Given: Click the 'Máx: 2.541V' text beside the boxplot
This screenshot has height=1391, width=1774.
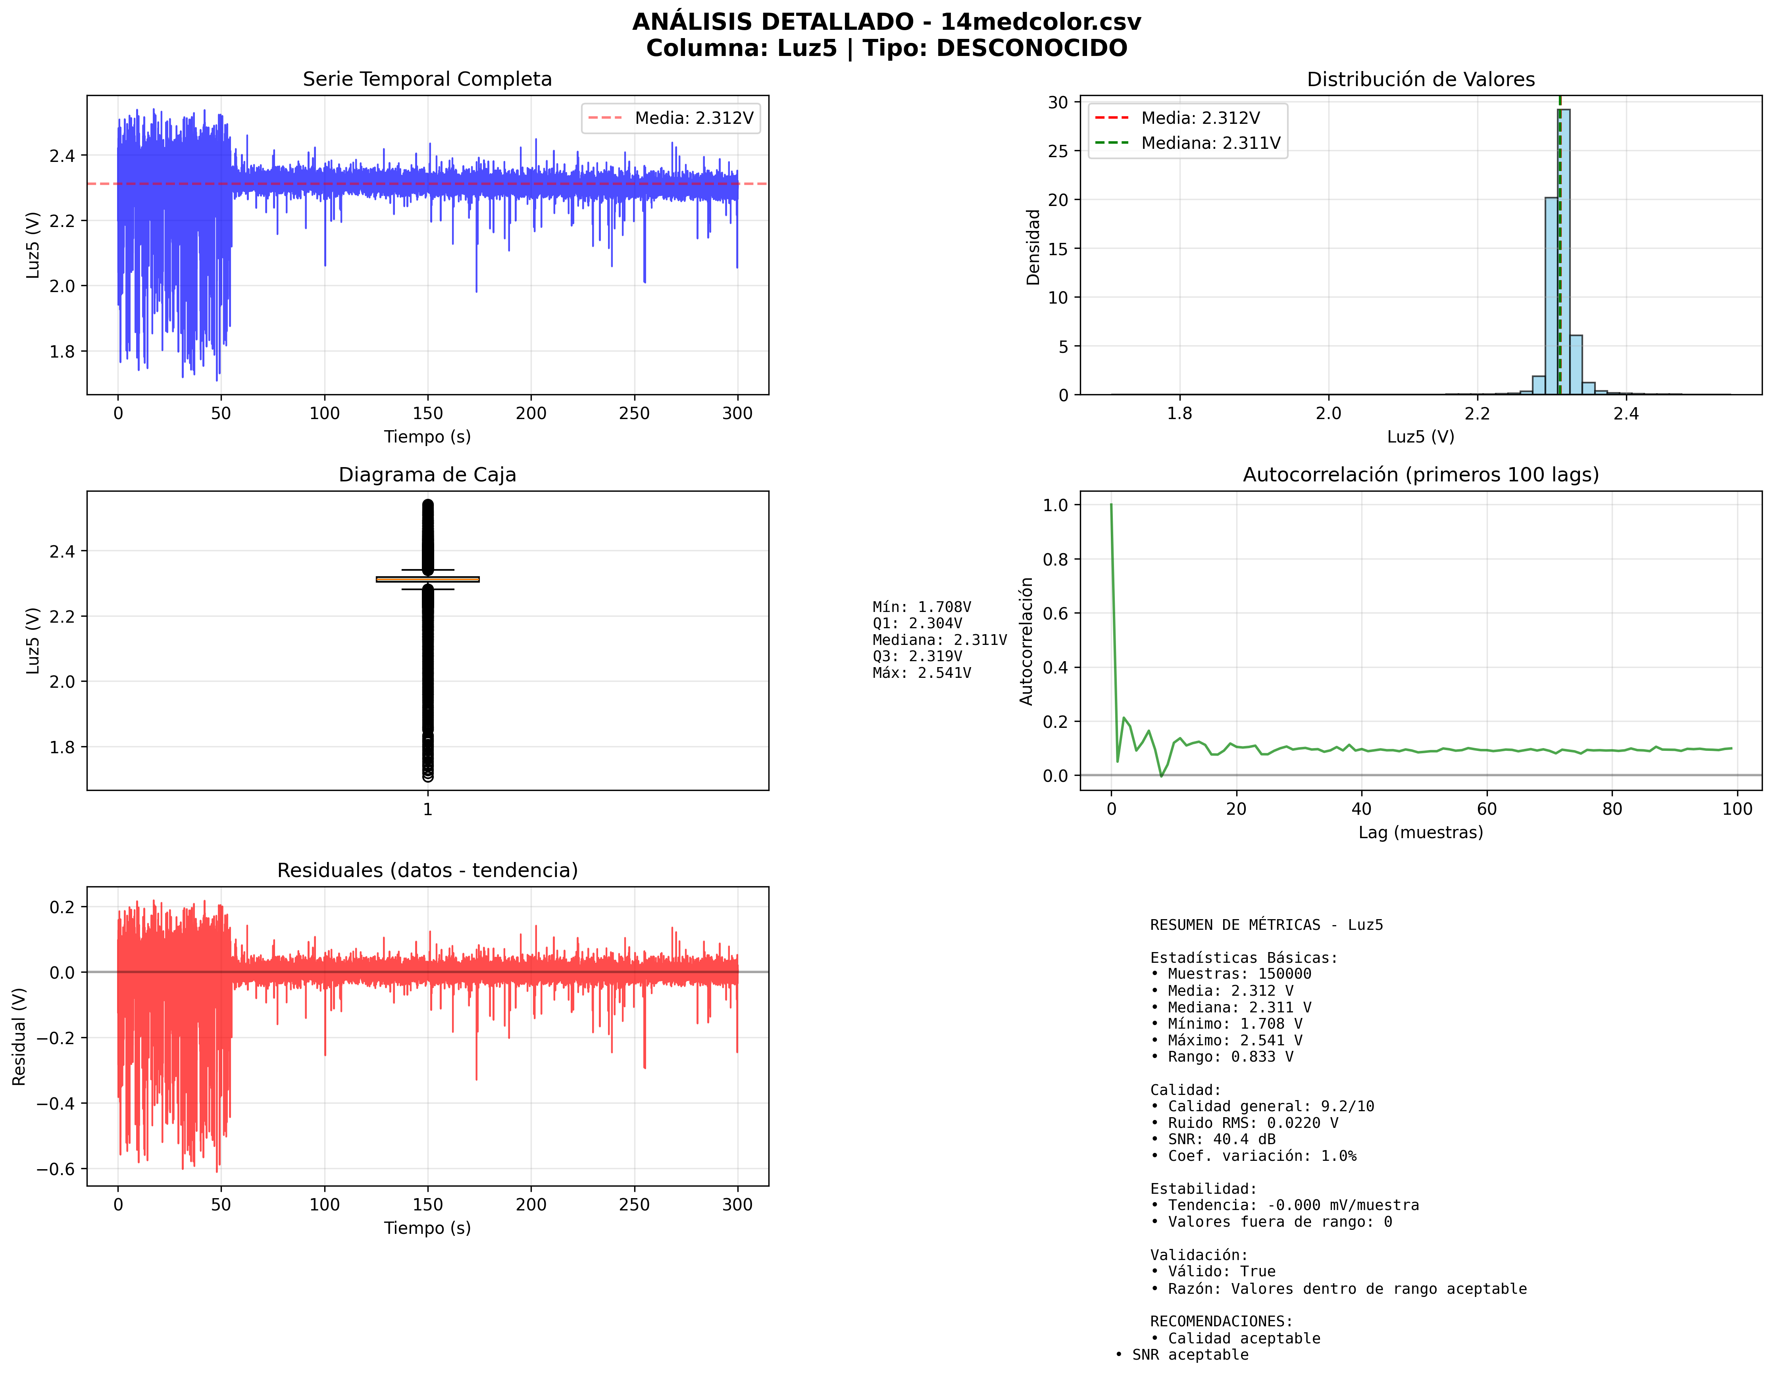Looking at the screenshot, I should (x=921, y=673).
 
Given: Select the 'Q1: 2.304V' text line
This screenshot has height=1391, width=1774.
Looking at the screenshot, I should (x=917, y=623).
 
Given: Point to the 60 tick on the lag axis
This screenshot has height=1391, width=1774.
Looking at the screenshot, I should (x=1487, y=809).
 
